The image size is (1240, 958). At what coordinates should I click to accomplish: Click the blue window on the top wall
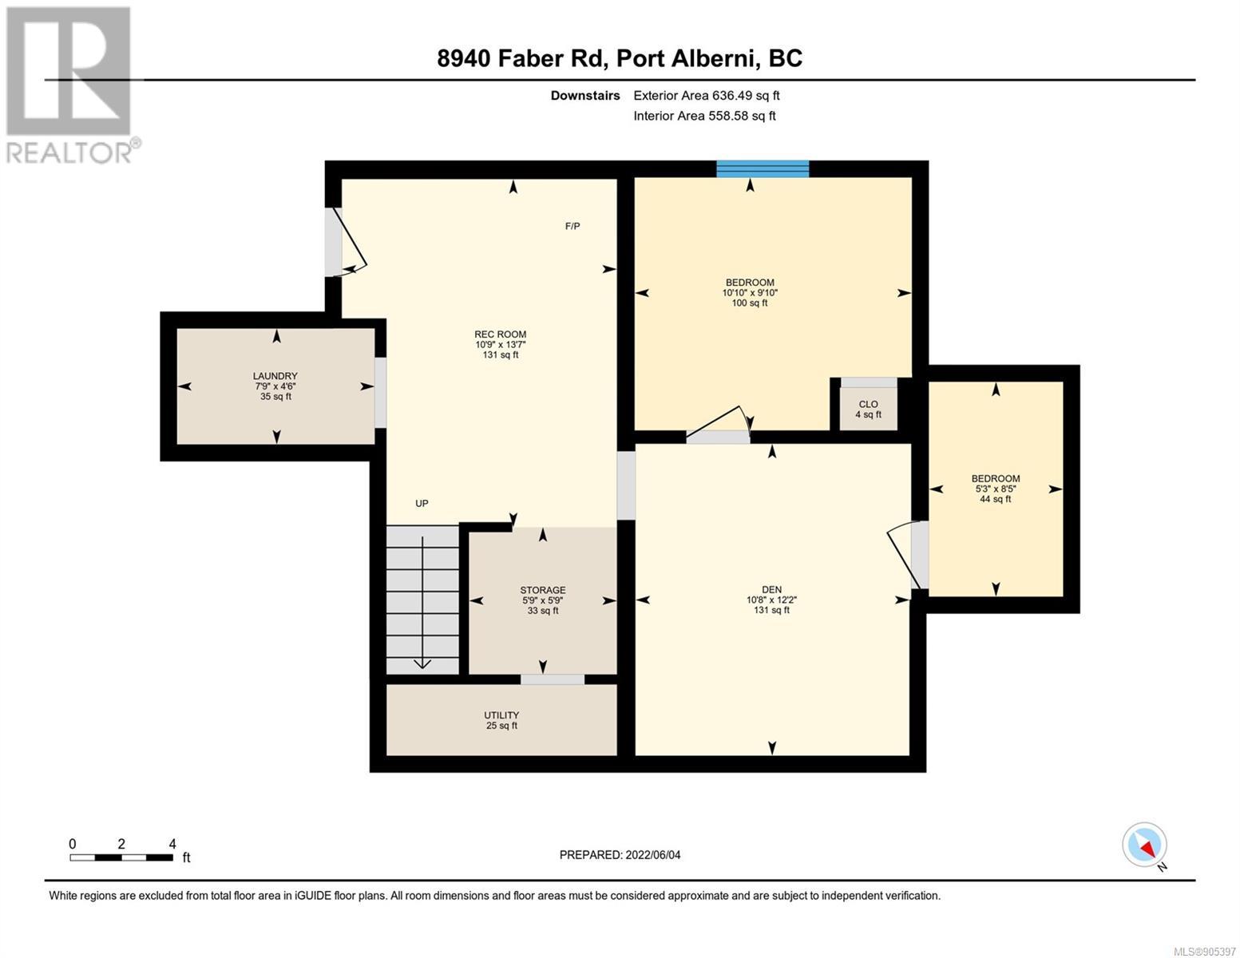(x=763, y=169)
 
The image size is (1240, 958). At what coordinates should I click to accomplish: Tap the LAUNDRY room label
(x=275, y=376)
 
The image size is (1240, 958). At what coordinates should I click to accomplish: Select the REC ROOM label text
(x=501, y=335)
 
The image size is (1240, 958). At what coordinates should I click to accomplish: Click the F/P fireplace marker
(x=572, y=227)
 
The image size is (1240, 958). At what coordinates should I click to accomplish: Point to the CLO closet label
(x=868, y=404)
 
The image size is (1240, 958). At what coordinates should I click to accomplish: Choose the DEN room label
(x=771, y=589)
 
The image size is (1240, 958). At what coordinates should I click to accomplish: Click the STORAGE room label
(x=543, y=590)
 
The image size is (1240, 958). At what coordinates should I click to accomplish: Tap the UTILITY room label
(x=501, y=715)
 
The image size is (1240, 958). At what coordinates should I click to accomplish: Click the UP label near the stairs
(x=422, y=503)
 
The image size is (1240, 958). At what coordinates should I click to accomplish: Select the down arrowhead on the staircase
(x=422, y=663)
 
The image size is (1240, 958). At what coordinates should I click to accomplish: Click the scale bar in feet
(x=121, y=857)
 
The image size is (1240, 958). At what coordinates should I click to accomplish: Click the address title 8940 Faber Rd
(x=521, y=58)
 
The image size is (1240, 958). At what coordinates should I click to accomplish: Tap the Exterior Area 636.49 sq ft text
(x=707, y=95)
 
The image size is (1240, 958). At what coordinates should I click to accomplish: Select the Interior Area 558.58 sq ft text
(x=704, y=116)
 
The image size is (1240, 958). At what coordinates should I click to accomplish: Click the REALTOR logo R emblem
(x=69, y=71)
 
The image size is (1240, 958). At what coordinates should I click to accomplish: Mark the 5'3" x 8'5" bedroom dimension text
(x=996, y=489)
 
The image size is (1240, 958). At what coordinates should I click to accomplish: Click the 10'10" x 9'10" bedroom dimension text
(x=750, y=293)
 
